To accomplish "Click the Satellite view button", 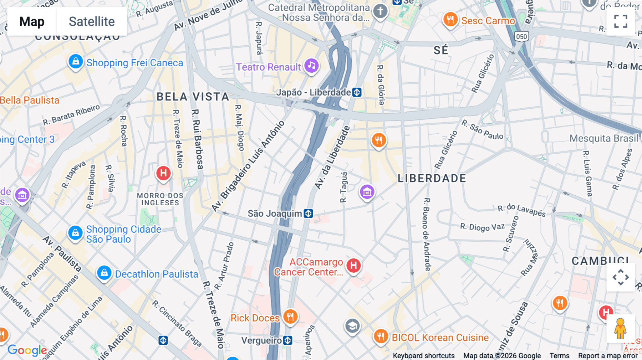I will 92,21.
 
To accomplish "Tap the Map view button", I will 32,21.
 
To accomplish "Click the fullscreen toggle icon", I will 621,21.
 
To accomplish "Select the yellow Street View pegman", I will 620,329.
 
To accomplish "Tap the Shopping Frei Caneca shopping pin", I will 76,62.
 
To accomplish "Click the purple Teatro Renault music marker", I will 312,66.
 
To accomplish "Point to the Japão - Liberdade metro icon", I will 357,92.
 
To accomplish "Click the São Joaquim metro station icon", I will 308,214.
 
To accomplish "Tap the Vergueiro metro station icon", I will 287,340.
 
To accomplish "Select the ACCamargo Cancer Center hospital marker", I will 353,266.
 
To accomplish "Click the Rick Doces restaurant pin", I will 290,317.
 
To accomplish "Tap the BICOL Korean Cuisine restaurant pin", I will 381,336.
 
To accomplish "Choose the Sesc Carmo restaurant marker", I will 450,20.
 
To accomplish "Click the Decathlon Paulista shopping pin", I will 104,273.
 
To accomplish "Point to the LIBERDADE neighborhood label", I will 432,178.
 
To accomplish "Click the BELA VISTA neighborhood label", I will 193,97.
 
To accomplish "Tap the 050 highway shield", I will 521,36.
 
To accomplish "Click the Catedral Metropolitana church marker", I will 380,11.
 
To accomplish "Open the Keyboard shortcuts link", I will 423,355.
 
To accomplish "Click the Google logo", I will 27,350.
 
